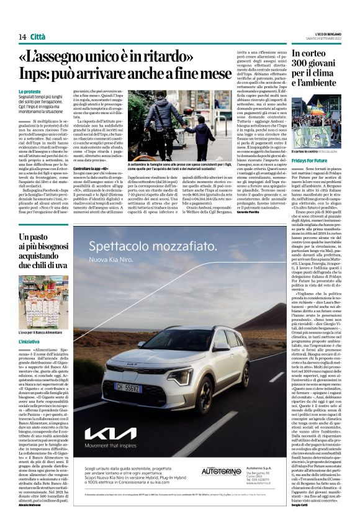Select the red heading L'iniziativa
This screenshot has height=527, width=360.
click(x=30, y=342)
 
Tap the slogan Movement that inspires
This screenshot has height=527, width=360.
click(x=115, y=444)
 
